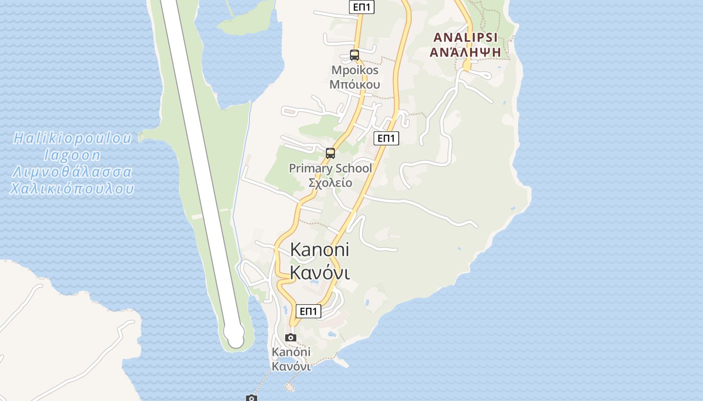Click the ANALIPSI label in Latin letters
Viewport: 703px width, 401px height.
pyautogui.click(x=465, y=37)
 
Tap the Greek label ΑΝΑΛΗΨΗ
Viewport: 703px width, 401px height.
pyautogui.click(x=465, y=51)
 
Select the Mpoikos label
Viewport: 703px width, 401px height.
pyautogui.click(x=355, y=70)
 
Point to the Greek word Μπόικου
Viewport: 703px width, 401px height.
pyautogui.click(x=355, y=84)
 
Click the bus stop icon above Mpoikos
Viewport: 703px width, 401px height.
pyautogui.click(x=355, y=55)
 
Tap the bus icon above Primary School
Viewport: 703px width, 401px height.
pyautogui.click(x=330, y=153)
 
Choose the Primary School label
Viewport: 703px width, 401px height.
pyautogui.click(x=330, y=168)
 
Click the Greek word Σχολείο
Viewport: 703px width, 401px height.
pyautogui.click(x=330, y=182)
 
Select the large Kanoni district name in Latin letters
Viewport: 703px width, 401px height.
pyautogui.click(x=320, y=250)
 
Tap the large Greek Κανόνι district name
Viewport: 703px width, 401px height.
pyautogui.click(x=320, y=272)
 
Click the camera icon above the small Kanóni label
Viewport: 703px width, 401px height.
pyautogui.click(x=291, y=337)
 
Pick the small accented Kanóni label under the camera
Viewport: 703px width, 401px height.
pyautogui.click(x=291, y=352)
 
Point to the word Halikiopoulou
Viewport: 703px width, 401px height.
pyautogui.click(x=72, y=138)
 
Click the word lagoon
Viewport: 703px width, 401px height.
pyautogui.click(x=72, y=155)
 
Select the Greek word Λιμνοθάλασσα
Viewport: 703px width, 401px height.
pyautogui.click(x=72, y=172)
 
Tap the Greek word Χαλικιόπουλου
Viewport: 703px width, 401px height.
pyautogui.click(x=72, y=189)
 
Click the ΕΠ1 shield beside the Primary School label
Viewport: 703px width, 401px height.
pyautogui.click(x=386, y=138)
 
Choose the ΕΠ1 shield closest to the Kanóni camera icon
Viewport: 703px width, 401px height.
pyautogui.click(x=308, y=311)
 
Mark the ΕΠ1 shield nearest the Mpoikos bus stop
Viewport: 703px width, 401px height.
pyautogui.click(x=362, y=7)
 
